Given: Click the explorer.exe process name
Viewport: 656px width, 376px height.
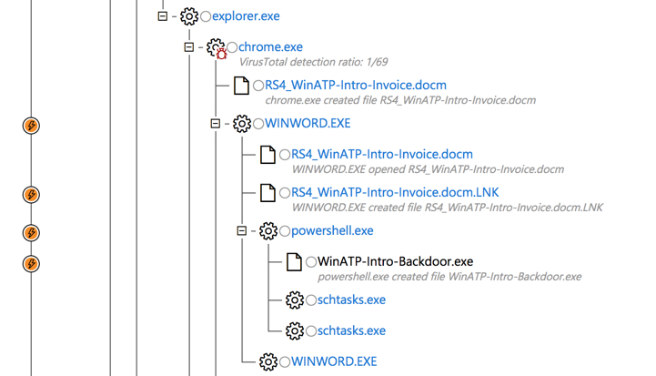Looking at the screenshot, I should pos(246,16).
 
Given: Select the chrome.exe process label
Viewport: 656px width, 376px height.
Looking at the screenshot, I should pos(270,47).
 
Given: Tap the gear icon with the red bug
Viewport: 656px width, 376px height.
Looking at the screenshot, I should pos(216,47).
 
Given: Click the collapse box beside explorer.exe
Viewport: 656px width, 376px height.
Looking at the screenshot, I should pos(163,16).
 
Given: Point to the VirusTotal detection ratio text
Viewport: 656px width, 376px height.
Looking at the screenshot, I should pos(313,63).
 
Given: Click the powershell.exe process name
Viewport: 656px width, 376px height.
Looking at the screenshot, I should pos(332,231).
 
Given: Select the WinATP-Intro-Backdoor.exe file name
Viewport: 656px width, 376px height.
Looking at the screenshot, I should pos(395,262).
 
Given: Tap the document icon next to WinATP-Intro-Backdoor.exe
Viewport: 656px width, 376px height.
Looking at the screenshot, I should pos(294,262).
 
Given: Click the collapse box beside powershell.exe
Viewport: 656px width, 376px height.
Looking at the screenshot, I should pos(242,231).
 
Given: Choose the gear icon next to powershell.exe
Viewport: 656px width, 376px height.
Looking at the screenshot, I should pos(268,231).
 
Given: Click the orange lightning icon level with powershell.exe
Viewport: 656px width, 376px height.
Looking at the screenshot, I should pos(31,233).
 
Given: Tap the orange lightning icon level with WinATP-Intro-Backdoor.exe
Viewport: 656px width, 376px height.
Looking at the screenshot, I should pos(31,264).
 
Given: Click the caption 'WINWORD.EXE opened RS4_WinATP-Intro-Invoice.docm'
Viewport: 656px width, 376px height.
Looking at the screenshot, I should pos(428,169).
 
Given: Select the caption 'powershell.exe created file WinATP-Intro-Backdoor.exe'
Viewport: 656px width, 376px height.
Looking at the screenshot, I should pos(449,277).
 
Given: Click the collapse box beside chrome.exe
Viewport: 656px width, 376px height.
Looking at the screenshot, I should pos(189,47).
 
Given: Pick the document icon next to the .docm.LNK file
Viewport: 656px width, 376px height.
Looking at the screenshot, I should pos(267,193).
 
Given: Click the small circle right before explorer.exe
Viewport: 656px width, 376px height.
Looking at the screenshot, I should pos(207,16).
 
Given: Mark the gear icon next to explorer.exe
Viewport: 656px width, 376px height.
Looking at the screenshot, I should pos(189,16).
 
